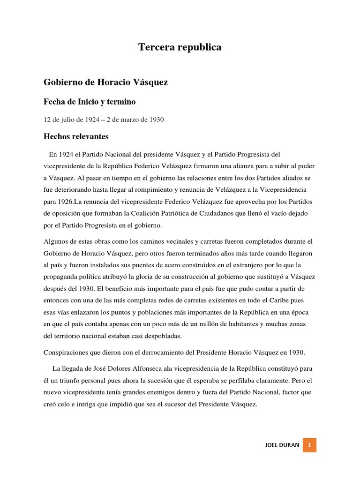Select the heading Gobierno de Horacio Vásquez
pos(105,82)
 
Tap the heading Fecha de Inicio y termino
pos(90,102)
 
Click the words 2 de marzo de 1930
pos(135,120)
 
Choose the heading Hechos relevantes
pos(76,137)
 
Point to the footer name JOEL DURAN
pos(281,445)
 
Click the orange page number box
pos(309,445)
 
